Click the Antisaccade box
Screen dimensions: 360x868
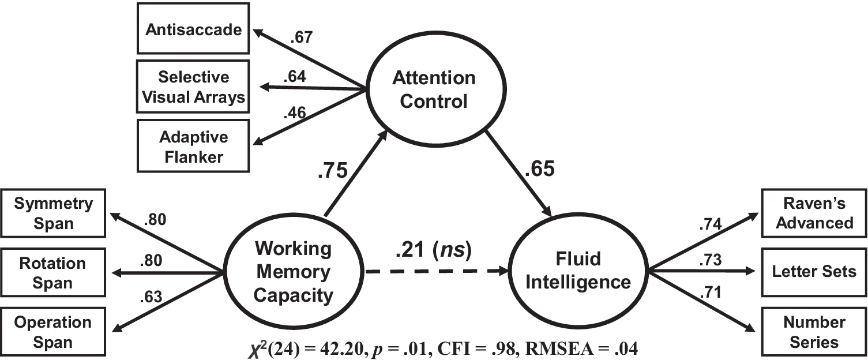point(193,29)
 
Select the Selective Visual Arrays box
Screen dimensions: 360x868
point(193,87)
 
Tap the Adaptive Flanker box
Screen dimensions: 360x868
point(193,147)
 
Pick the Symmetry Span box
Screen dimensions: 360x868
point(53,213)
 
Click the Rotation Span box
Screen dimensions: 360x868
point(53,273)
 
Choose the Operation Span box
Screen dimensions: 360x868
point(53,332)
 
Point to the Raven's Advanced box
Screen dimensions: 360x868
point(814,213)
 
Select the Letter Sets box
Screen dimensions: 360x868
point(814,271)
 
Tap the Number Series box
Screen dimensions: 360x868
point(814,332)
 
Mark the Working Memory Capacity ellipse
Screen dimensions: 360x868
point(293,272)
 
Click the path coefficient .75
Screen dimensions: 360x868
point(332,172)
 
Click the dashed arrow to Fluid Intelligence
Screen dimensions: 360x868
point(438,272)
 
